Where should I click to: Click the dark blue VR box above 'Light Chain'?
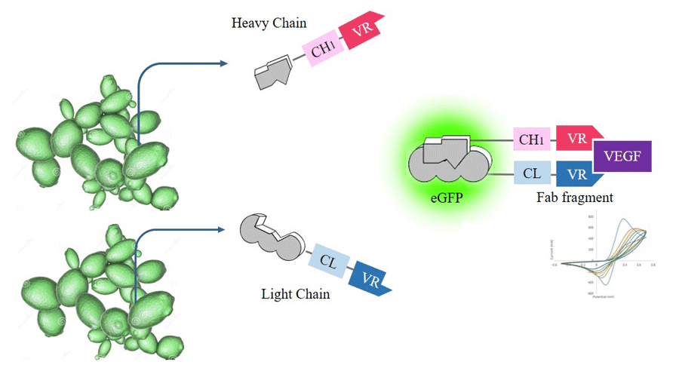[x=370, y=279]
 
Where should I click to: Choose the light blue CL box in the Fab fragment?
[x=532, y=173]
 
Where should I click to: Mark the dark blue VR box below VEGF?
[x=577, y=174]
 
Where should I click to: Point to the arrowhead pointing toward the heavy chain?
[x=223, y=63]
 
